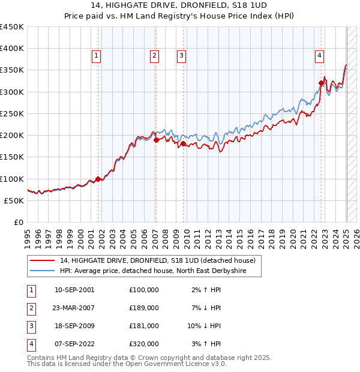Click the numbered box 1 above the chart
[97, 56]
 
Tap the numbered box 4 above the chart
[320, 56]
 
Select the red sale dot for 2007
[156, 140]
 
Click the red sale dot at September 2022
[322, 83]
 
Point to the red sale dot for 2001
[98, 178]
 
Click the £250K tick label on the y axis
[12, 113]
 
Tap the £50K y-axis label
[14, 200]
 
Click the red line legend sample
[42, 260]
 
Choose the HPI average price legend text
[161, 271]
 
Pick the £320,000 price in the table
[144, 344]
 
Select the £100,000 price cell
[144, 290]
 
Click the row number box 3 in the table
[31, 326]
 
